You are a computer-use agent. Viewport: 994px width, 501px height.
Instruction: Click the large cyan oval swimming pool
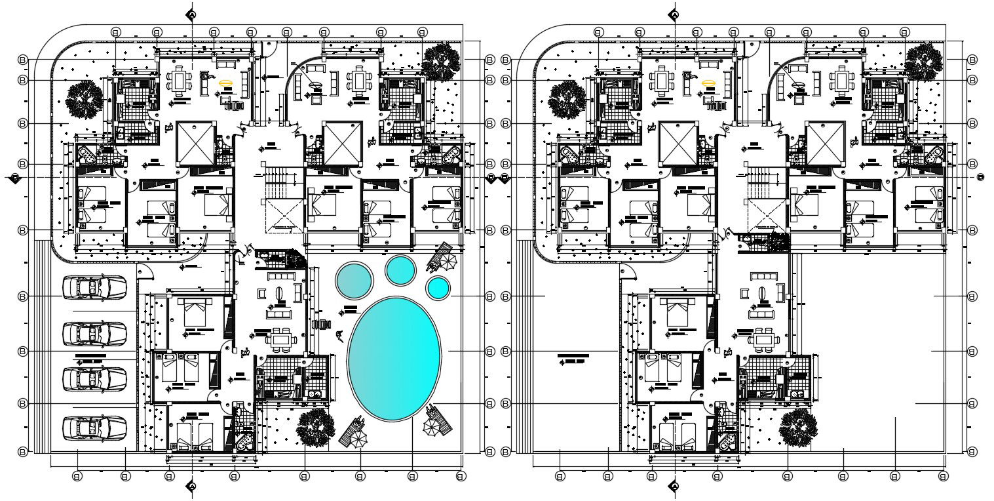click(393, 358)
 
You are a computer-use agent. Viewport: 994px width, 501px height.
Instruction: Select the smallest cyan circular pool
click(438, 287)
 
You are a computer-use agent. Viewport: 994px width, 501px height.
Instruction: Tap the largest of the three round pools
click(354, 281)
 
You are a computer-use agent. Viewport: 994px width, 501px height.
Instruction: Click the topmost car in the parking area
click(94, 287)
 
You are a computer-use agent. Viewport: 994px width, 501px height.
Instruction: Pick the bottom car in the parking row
click(94, 428)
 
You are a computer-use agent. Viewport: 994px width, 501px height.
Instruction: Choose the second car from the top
click(94, 334)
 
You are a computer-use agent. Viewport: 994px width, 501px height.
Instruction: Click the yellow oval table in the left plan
click(225, 83)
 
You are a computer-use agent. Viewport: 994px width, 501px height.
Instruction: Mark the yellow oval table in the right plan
click(708, 83)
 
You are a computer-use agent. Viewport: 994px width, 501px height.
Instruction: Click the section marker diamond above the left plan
click(191, 14)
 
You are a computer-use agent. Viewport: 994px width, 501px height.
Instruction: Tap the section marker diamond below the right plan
click(674, 486)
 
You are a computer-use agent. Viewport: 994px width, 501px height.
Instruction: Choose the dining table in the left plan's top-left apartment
click(179, 81)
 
